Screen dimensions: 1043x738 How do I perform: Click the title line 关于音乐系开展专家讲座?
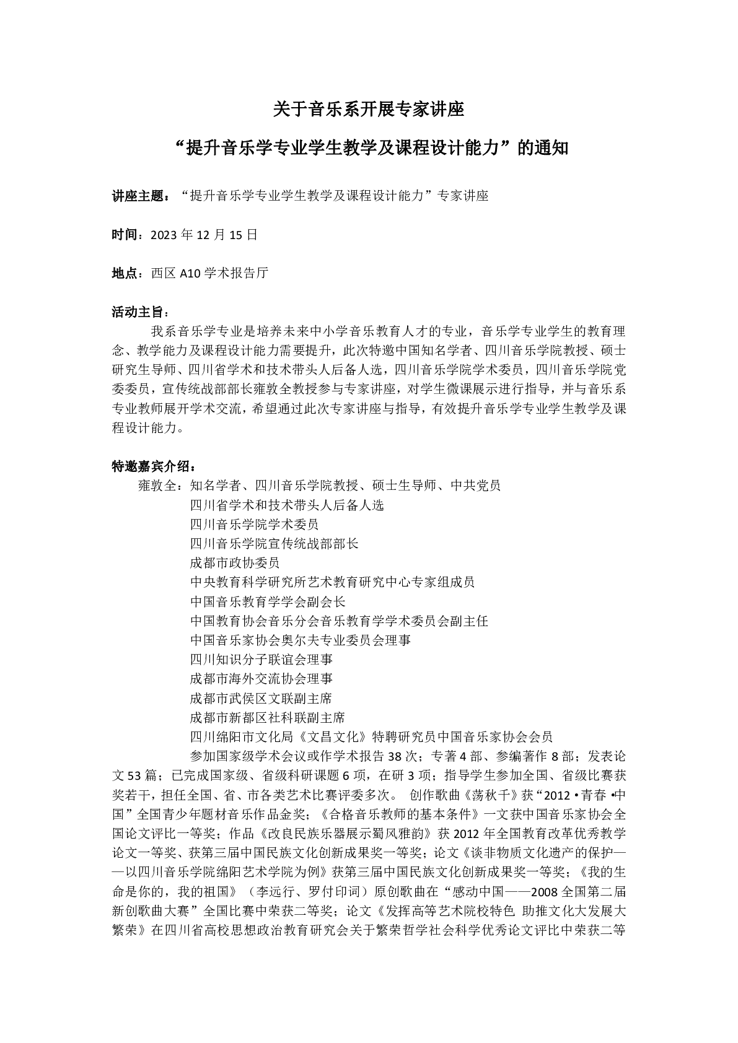[x=369, y=111]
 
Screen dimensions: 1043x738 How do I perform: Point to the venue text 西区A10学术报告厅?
[x=209, y=273]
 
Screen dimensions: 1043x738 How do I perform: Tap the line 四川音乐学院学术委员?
[x=254, y=525]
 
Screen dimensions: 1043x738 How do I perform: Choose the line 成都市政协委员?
[x=235, y=563]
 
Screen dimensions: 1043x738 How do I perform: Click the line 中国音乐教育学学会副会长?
[x=268, y=601]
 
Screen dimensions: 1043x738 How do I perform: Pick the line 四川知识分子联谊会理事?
[x=261, y=660]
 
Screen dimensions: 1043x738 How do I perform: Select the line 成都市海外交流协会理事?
[x=261, y=679]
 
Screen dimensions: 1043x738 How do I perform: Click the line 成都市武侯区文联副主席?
[x=261, y=699]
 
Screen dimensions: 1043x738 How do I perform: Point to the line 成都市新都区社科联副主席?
[x=267, y=718]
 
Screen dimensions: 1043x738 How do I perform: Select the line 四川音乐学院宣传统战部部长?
[x=274, y=544]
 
